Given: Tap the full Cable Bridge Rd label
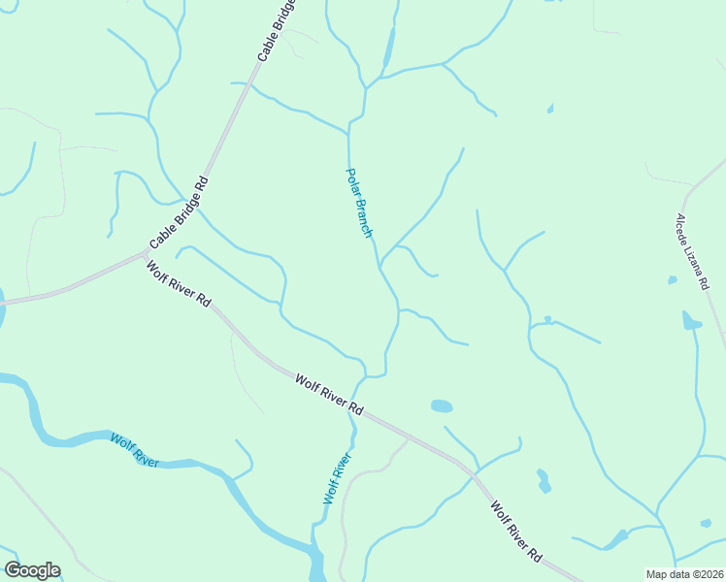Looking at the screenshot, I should coord(179,212).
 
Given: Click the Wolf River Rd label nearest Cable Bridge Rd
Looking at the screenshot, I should coord(179,284).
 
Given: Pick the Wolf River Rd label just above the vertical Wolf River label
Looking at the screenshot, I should coord(329,395).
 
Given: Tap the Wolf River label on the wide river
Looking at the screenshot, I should coord(134,451).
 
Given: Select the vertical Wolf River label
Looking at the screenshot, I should coord(337,477).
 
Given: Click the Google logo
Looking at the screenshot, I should coord(32,570).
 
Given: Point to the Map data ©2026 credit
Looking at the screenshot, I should coord(684,574).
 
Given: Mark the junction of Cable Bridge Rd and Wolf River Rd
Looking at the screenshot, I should coord(146,254).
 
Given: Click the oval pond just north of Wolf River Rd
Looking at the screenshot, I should coord(442,405).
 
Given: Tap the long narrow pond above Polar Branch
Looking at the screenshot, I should coord(389,48).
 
